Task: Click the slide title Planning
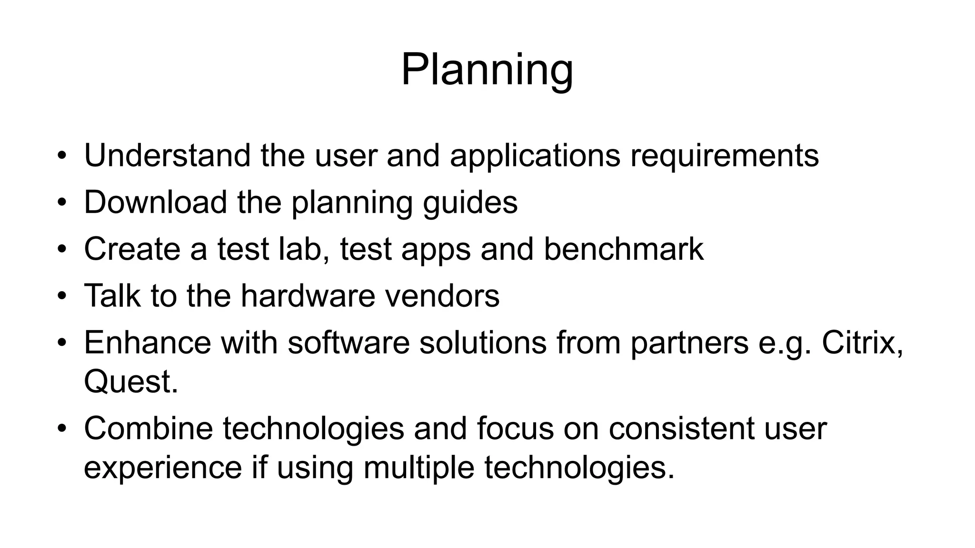pyautogui.click(x=487, y=70)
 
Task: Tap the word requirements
pyautogui.click(x=724, y=156)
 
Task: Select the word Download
pyautogui.click(x=156, y=202)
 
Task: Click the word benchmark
pyautogui.click(x=623, y=249)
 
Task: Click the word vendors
pyautogui.click(x=442, y=295)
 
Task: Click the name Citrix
pyautogui.click(x=862, y=342)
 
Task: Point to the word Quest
pyautogui.click(x=130, y=381)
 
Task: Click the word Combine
pyautogui.click(x=149, y=428)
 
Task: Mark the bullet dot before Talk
pyautogui.click(x=61, y=296)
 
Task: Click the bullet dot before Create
pyautogui.click(x=61, y=249)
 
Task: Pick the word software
pyautogui.click(x=348, y=342)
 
